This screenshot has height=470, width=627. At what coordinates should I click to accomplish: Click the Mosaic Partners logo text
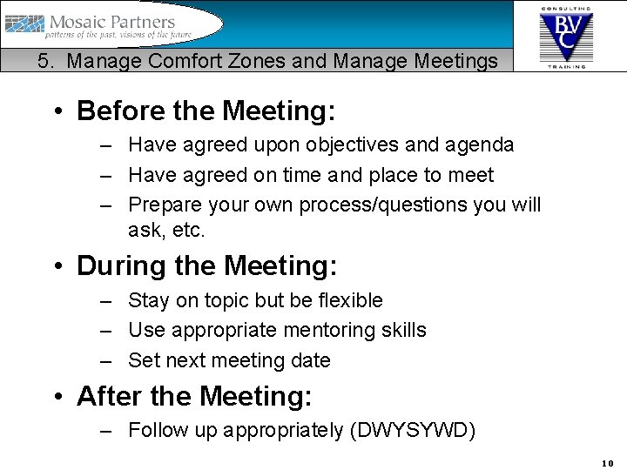click(112, 22)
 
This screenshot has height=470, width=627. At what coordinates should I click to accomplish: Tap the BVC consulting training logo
click(566, 36)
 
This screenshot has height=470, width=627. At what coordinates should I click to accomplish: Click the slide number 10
click(607, 463)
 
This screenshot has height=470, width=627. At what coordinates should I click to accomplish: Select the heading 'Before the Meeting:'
click(206, 111)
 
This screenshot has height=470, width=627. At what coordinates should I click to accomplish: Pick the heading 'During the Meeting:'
click(206, 265)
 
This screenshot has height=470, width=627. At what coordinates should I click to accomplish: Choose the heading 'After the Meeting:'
click(194, 396)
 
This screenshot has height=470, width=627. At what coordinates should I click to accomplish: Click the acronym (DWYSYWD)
click(412, 431)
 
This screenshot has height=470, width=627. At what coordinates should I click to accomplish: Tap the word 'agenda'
click(483, 144)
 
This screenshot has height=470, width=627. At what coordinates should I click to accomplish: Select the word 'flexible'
click(349, 300)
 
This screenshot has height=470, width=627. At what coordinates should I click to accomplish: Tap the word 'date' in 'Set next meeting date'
click(312, 360)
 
